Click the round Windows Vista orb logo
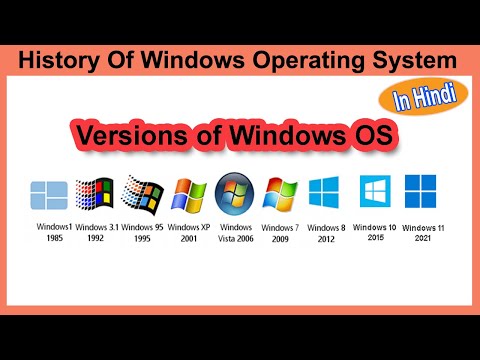click(x=237, y=194)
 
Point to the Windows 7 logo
click(x=280, y=194)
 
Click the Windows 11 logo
click(x=419, y=191)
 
